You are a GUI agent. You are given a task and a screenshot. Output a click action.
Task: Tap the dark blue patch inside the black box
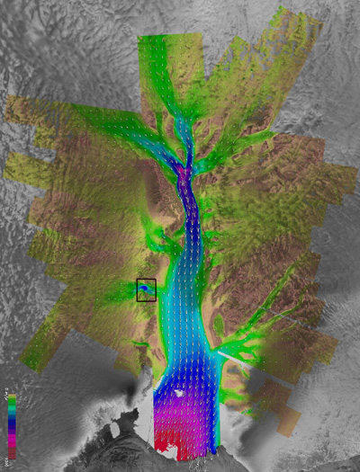coord(146,289)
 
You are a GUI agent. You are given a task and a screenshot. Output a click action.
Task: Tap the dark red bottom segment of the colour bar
coord(12,452)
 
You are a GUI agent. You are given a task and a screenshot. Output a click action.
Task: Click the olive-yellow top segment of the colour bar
coord(12,396)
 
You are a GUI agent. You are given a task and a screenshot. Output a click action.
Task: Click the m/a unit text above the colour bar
coord(4,392)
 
